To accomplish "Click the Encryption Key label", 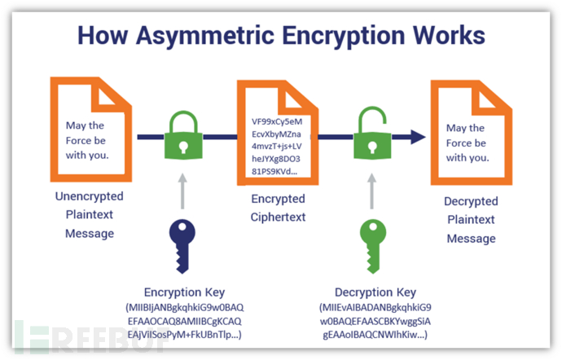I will point(184,292).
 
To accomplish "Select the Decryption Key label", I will point(376,292).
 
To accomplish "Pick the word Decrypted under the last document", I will point(471,201).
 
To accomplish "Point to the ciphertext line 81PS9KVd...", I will point(275,173).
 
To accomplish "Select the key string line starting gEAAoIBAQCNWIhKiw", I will point(376,336).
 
